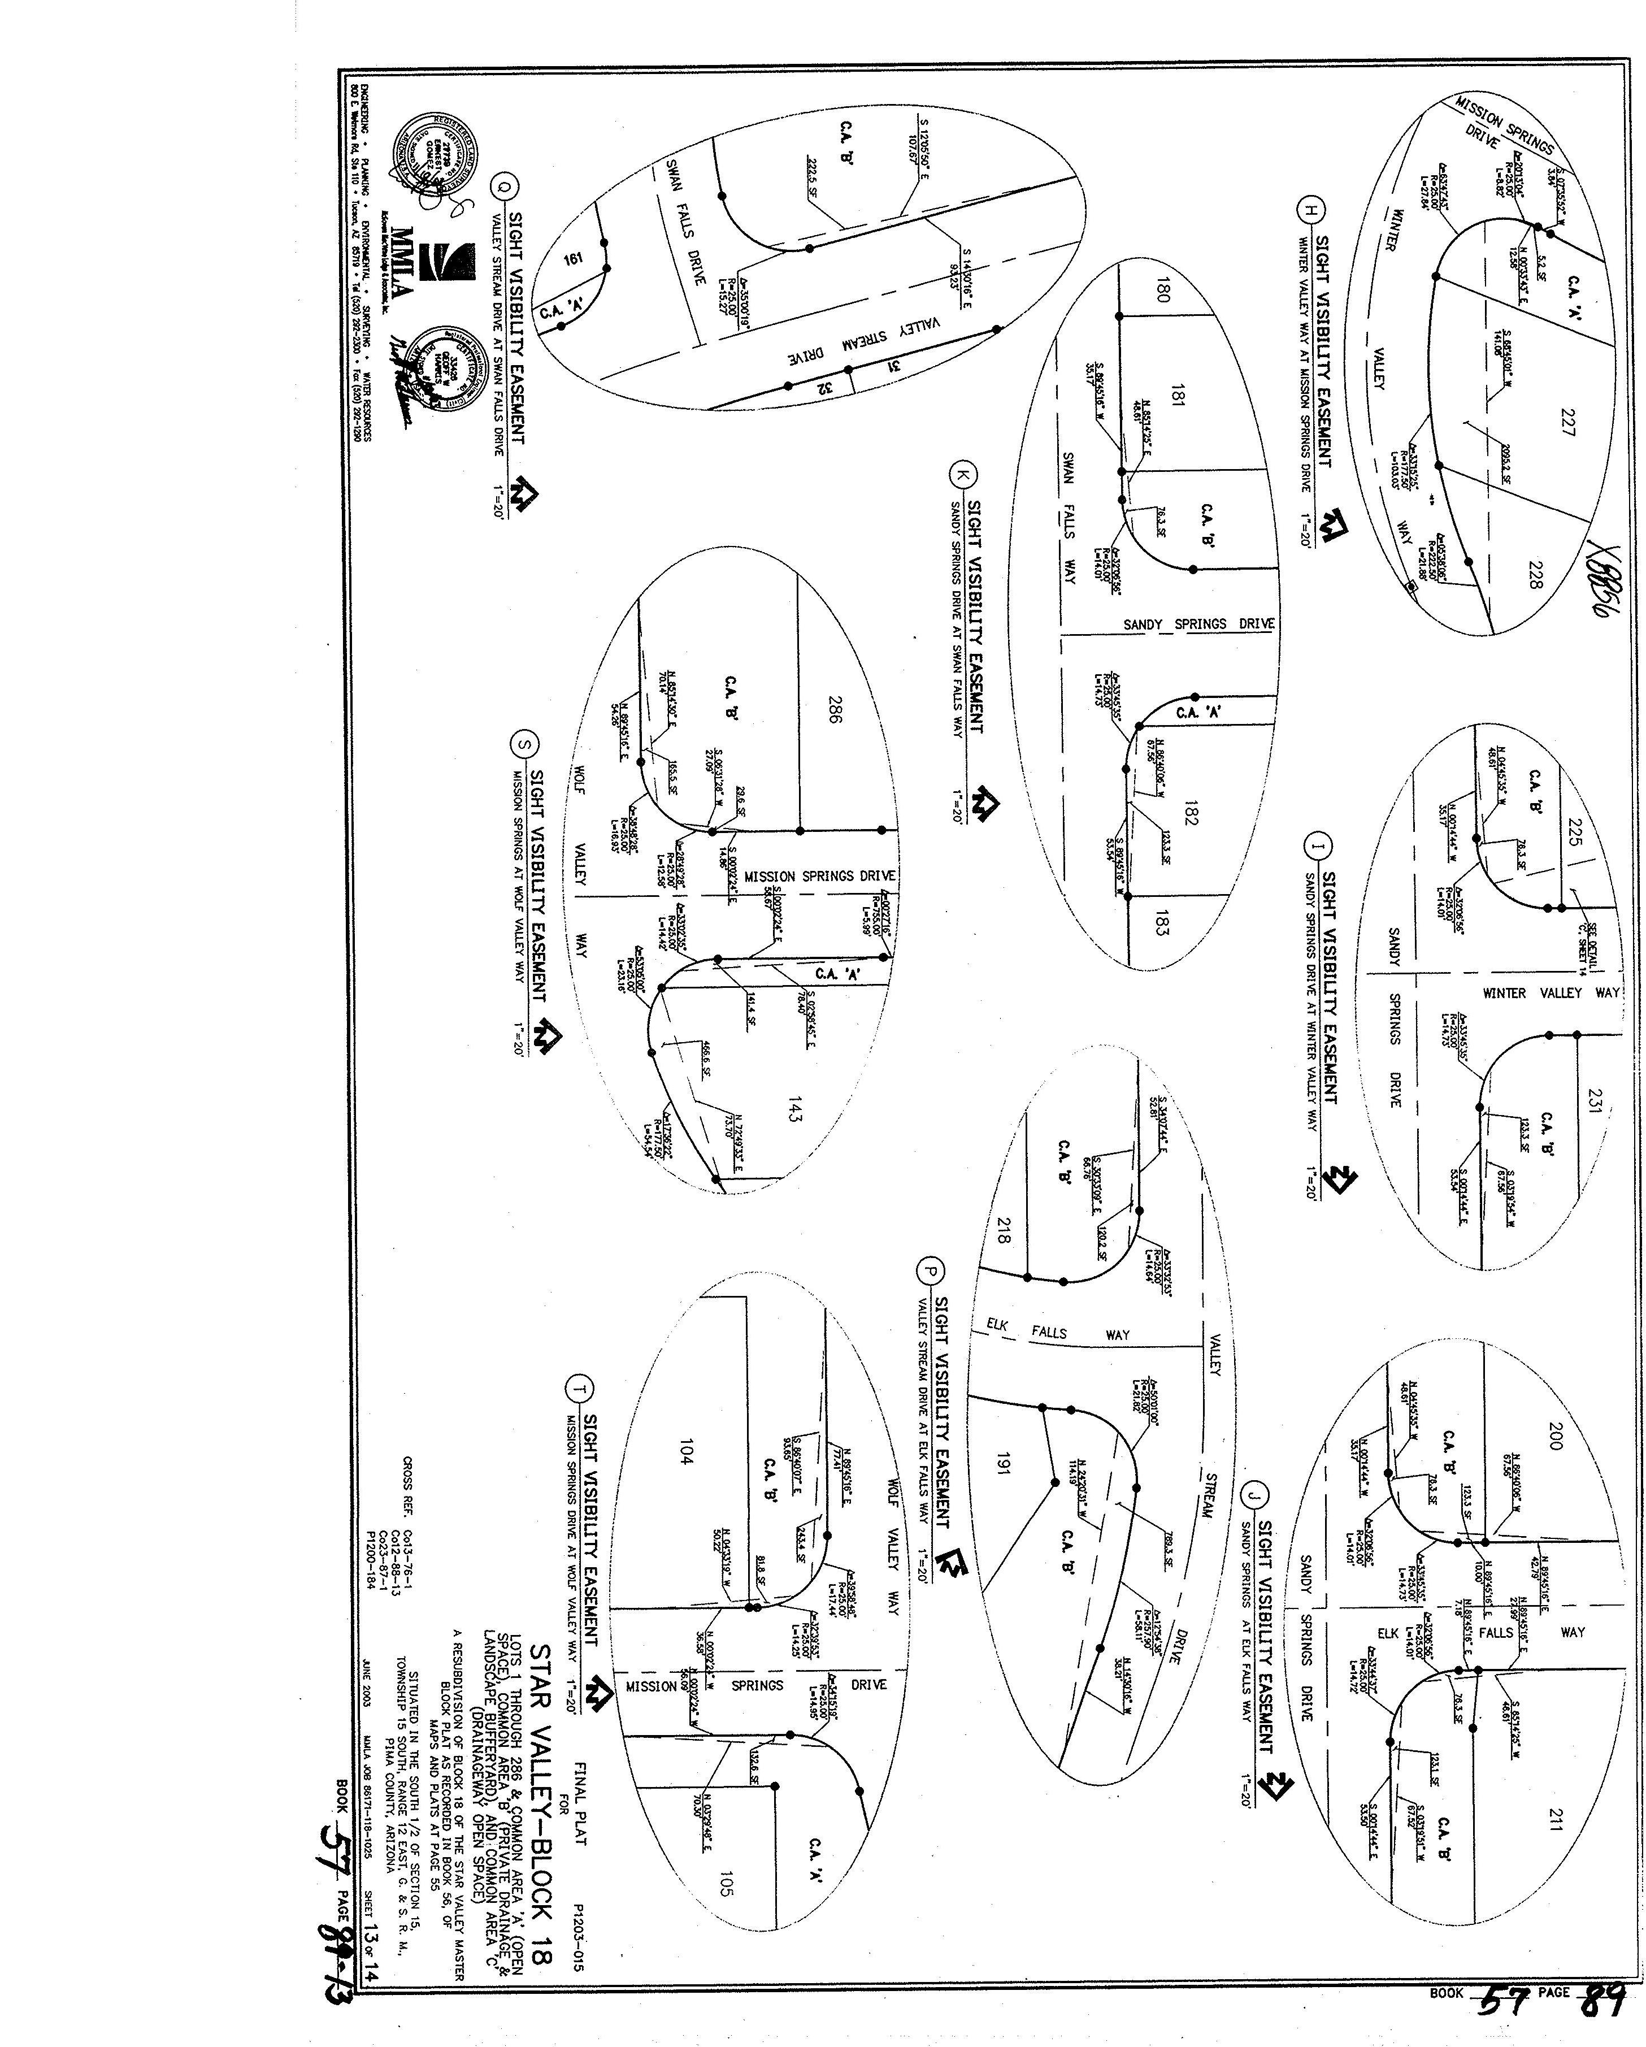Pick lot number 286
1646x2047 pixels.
click(x=832, y=711)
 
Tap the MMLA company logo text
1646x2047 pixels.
click(x=402, y=262)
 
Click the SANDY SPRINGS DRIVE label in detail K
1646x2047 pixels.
click(x=1199, y=624)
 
